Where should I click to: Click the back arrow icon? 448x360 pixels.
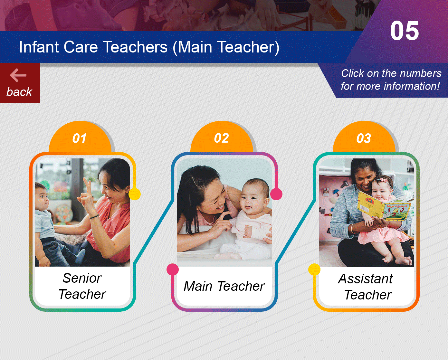(x=18, y=75)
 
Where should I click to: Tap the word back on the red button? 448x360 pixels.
(x=19, y=92)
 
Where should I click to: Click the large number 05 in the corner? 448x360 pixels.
(x=404, y=31)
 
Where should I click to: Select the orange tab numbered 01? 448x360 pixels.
(x=80, y=137)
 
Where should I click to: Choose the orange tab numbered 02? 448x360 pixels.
(x=222, y=137)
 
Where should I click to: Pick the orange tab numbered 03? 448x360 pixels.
(x=364, y=137)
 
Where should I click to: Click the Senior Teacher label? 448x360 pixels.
(x=82, y=286)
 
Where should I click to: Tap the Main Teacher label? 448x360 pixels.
(x=224, y=286)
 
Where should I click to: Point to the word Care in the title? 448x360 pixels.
(x=81, y=47)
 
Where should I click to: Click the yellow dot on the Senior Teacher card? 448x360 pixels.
(x=135, y=194)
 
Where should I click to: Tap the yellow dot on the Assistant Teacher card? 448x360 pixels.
(x=314, y=270)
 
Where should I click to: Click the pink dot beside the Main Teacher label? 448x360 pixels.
(x=173, y=270)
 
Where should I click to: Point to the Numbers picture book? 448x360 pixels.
(x=384, y=206)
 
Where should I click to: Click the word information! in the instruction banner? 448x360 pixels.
(x=412, y=86)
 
